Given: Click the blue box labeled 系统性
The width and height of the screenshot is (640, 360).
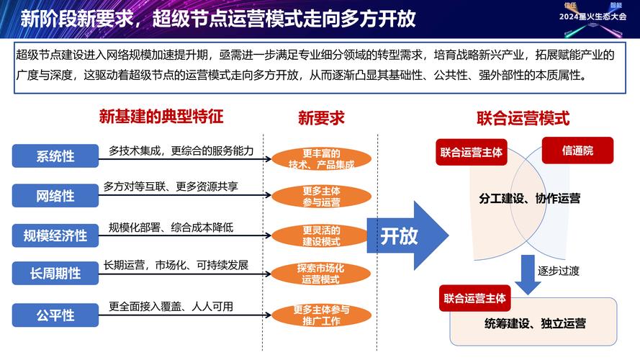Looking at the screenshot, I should coord(55,155).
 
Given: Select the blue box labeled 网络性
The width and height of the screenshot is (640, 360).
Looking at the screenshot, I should coord(55,195).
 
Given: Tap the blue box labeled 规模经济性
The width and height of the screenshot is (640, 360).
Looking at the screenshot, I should coord(55,235).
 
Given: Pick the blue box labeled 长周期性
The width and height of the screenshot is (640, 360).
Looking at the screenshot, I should coord(55,274).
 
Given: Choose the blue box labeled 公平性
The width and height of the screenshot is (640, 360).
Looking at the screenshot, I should coord(55,314).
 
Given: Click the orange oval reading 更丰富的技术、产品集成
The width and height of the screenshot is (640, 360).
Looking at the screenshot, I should coord(321,158).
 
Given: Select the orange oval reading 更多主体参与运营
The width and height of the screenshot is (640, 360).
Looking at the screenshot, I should coord(321,197).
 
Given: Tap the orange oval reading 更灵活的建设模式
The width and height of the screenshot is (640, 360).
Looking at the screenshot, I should coord(321,235).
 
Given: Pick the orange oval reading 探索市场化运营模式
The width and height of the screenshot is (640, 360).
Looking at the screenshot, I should coord(321,274).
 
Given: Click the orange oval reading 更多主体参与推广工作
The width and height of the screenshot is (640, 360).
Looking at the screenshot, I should coord(321,315).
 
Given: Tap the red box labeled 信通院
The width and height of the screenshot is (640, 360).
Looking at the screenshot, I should coord(577,150).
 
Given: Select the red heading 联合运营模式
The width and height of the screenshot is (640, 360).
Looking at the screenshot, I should coord(523,117).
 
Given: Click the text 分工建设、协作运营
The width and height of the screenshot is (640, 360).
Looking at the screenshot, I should coord(529,198).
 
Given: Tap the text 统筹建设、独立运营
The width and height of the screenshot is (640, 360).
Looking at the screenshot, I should coord(535,323).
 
